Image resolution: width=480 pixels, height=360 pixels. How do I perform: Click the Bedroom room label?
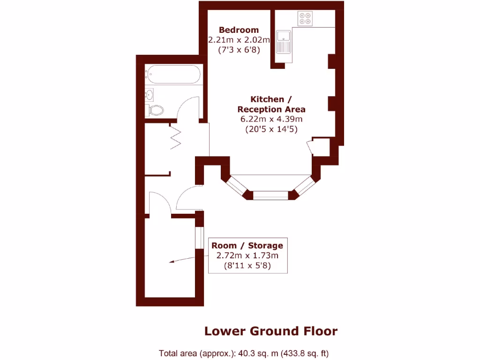[x=239, y=30]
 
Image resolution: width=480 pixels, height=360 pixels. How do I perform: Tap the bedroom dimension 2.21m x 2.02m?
[x=239, y=40]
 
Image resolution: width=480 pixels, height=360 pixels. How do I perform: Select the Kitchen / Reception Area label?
[x=271, y=104]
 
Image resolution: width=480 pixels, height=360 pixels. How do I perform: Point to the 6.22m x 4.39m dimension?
[x=271, y=120]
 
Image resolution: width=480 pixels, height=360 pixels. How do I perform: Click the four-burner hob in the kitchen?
[x=305, y=18]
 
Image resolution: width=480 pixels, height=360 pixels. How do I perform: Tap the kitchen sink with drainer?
[x=284, y=42]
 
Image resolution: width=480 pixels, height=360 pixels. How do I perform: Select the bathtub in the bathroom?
[x=173, y=75]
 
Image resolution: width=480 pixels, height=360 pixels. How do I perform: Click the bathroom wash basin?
[x=150, y=95]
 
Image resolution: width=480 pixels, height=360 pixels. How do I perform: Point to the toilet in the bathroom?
[x=156, y=111]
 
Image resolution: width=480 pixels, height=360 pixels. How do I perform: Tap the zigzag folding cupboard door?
[x=176, y=136]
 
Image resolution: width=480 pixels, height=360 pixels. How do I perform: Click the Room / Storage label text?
[x=247, y=246]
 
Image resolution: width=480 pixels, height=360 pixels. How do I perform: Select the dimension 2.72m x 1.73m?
[x=247, y=256]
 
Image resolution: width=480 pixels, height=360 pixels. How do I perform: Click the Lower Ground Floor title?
[x=270, y=331]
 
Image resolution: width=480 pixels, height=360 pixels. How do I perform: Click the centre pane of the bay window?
[x=270, y=195]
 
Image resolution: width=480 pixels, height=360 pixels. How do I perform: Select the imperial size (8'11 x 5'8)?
[x=247, y=266]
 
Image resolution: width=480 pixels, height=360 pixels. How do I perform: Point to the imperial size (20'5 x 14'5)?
[x=271, y=129]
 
